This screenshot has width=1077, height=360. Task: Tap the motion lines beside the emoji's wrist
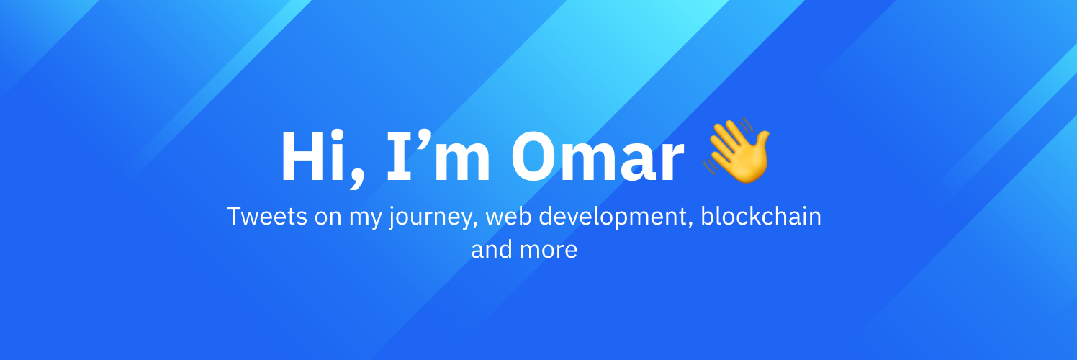point(710,167)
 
